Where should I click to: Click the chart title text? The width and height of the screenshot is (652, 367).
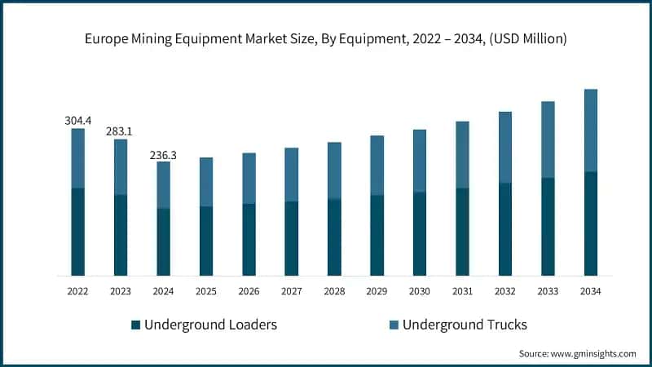point(326,38)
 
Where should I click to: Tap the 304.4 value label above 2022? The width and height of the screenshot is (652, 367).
point(78,121)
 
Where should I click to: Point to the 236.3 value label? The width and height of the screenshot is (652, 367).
point(164,153)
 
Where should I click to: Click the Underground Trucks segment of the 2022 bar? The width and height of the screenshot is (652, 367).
point(78,158)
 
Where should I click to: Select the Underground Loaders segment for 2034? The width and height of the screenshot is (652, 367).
point(590,223)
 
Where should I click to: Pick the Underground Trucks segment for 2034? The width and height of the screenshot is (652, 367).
point(590,130)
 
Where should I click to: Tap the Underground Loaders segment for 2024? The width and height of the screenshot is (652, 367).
point(164,241)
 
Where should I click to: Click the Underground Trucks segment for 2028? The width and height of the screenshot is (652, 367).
point(334,170)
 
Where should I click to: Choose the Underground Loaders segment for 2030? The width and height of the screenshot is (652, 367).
point(420,234)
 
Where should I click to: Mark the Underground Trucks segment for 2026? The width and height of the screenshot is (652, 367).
point(249,178)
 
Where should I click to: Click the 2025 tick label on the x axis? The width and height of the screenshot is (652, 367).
point(206,291)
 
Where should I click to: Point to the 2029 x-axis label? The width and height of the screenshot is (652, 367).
point(377,291)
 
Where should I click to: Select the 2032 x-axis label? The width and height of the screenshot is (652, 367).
point(505,291)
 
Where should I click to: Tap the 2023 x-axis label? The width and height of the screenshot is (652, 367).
point(121,291)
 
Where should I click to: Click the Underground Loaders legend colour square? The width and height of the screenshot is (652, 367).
point(136,325)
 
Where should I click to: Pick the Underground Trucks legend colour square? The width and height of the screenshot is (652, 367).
point(394,325)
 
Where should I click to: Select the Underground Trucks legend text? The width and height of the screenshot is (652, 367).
point(465,325)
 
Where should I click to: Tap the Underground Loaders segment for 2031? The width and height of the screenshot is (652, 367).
point(462,232)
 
